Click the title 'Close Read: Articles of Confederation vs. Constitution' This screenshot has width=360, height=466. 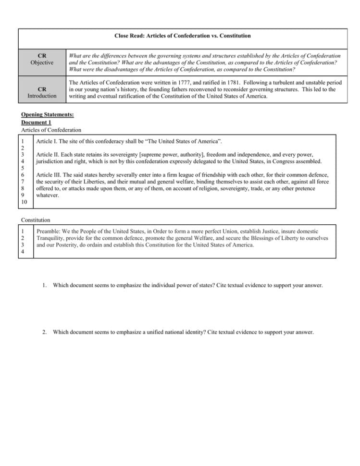tap(182, 36)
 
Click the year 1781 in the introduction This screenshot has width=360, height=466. tap(217, 83)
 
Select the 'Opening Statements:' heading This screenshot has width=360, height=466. tap(48, 115)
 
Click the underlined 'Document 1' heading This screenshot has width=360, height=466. tap(37, 123)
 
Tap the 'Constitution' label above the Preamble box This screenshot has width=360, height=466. tap(36, 220)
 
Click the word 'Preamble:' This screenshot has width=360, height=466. tap(50, 231)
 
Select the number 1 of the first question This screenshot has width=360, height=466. tap(44, 285)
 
